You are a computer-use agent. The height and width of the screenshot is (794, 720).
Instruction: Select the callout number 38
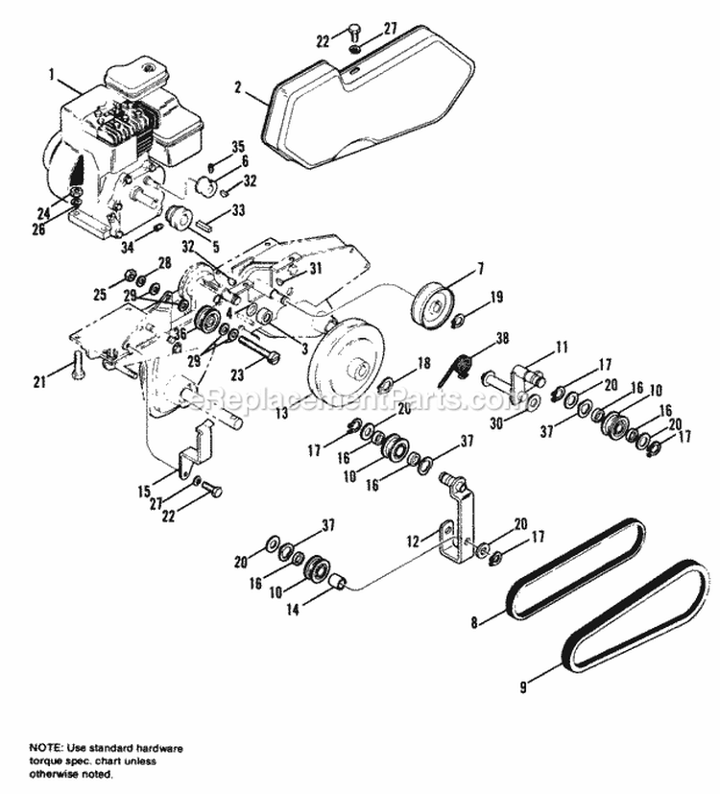pos(502,337)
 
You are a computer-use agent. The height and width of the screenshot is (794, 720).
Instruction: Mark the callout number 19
pos(495,299)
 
